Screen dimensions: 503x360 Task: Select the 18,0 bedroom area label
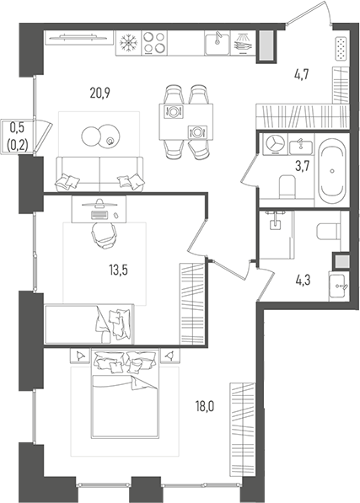coord(204,406)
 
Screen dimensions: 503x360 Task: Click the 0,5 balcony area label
coord(16,128)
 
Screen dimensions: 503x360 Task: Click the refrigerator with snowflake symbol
coord(130,41)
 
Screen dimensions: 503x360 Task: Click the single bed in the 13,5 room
coord(89,324)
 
